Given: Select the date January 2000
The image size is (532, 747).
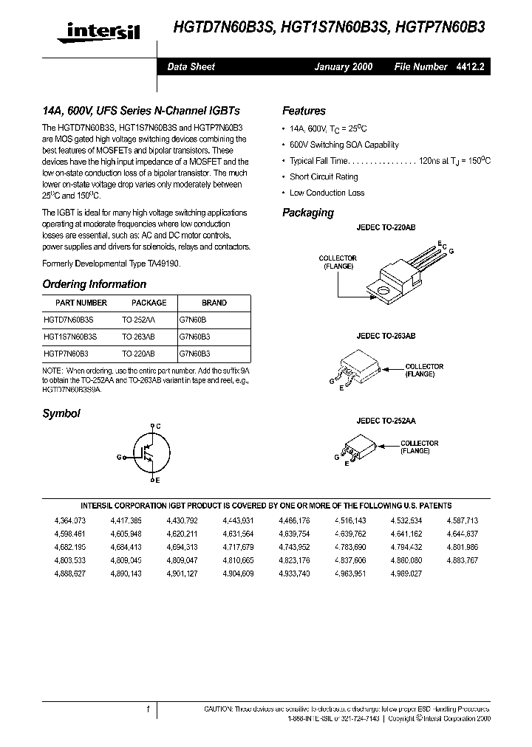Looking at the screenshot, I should [x=344, y=66].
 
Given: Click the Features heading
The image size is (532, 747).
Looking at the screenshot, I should [x=304, y=111].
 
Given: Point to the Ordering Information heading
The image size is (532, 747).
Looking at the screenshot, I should [x=94, y=284].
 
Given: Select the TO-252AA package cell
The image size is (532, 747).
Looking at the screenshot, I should [x=139, y=319].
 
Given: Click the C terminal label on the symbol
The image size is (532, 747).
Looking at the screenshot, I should [x=159, y=426].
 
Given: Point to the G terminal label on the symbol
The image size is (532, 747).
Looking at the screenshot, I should [x=118, y=457].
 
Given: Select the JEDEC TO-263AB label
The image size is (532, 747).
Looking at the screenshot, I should [x=386, y=336].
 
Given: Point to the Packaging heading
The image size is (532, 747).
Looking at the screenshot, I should [x=308, y=213].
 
